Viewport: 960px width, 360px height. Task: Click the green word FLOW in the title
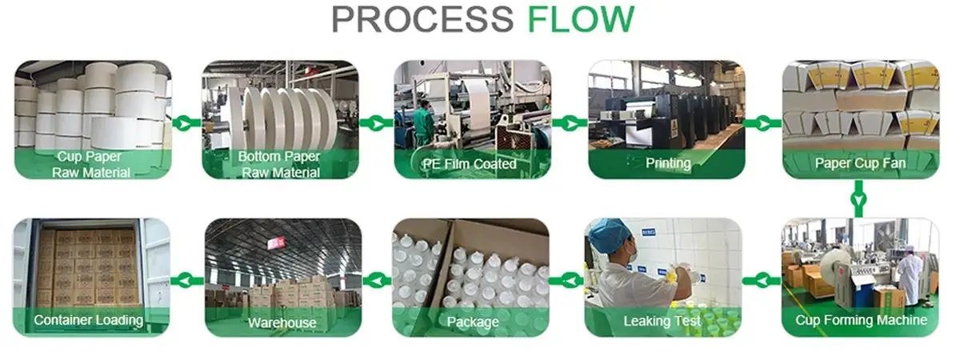(581, 19)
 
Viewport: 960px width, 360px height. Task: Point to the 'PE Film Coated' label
(469, 164)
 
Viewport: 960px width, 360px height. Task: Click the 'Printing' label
(668, 163)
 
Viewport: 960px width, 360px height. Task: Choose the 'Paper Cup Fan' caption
(860, 163)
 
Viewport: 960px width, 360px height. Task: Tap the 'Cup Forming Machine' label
(861, 320)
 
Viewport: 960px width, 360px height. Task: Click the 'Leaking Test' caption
(662, 322)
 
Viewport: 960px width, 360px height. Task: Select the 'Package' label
(474, 322)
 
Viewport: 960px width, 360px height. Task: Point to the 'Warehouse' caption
(282, 323)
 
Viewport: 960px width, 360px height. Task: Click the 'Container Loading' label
(88, 320)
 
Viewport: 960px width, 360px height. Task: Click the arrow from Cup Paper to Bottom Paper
(186, 122)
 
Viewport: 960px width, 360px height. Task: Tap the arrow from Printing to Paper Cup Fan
(762, 122)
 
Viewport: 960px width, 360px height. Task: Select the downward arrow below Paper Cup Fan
(858, 198)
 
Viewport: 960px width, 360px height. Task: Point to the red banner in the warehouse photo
(277, 242)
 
